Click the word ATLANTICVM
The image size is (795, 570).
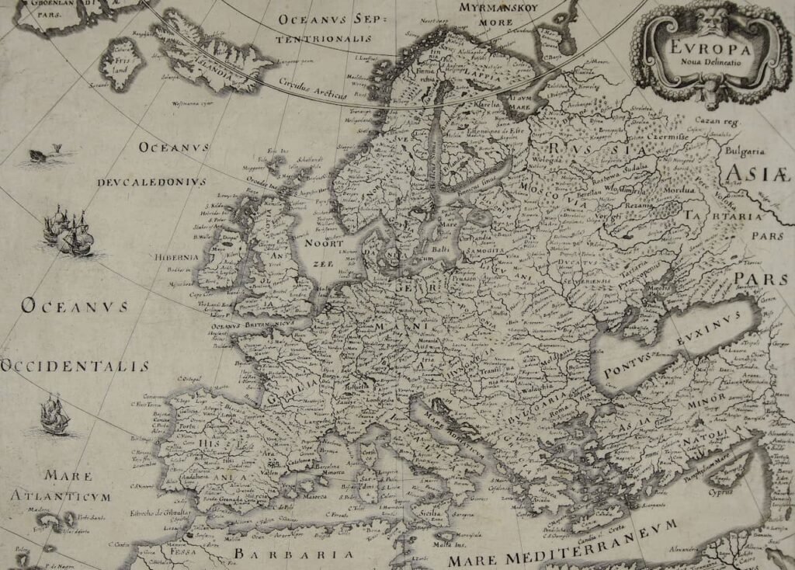[61, 495]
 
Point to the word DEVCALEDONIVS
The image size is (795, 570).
[151, 182]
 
